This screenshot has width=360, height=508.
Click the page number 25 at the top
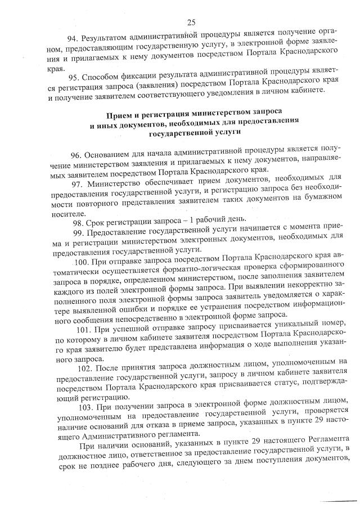(x=191, y=23)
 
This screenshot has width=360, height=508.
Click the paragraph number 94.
(x=74, y=39)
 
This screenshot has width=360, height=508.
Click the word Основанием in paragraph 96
(x=109, y=154)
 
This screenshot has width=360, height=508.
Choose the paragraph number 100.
(x=82, y=263)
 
